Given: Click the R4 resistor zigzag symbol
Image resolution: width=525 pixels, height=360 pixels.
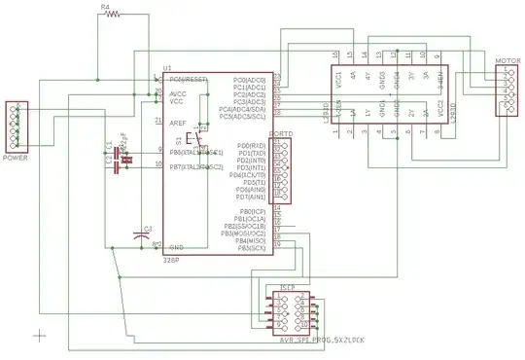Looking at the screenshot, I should [114, 14].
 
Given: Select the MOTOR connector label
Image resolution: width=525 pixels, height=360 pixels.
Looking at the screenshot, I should [508, 61].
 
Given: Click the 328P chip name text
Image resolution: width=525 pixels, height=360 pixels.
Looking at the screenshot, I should [171, 262].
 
